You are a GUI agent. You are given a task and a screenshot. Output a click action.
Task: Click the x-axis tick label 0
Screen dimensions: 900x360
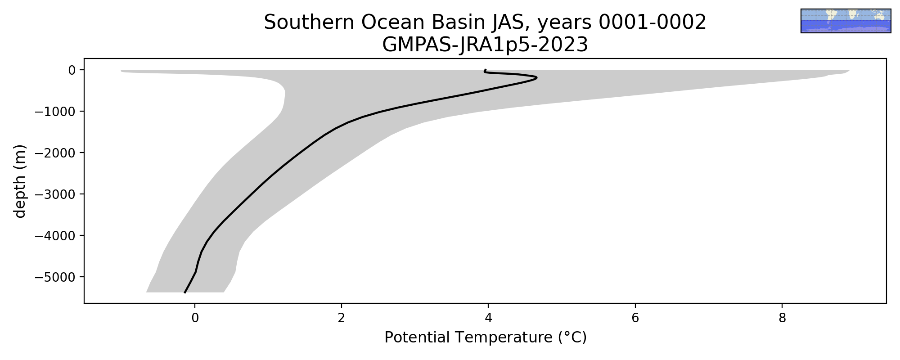[x=195, y=319]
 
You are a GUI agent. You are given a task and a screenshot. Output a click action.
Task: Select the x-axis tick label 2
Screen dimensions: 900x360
[x=342, y=319]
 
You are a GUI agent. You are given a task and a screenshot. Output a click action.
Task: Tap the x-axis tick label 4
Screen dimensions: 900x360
[x=488, y=319]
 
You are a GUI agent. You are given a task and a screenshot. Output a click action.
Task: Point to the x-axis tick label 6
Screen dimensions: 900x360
[x=635, y=319]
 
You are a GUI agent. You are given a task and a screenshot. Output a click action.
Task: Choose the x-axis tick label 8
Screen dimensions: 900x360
[x=782, y=319]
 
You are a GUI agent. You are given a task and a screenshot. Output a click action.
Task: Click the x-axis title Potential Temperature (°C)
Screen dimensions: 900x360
[x=486, y=337]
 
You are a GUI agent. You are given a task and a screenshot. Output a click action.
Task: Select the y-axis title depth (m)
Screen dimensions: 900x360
[x=20, y=181]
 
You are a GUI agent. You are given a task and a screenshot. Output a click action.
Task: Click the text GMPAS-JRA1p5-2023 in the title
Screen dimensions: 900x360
[x=485, y=45]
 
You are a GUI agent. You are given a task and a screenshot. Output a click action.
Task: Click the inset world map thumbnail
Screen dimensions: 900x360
[x=846, y=21]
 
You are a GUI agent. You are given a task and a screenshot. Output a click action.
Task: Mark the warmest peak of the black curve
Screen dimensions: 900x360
[x=536, y=78]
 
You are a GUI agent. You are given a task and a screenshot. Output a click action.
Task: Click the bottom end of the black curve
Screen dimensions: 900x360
[x=184, y=292]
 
